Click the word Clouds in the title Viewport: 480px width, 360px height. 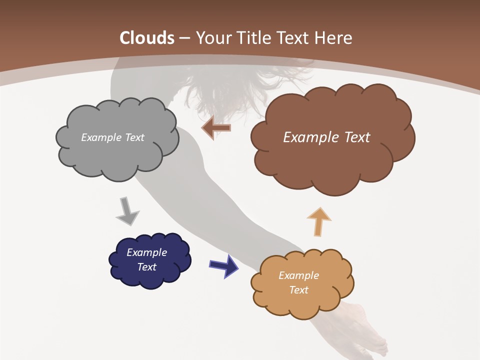[x=147, y=38]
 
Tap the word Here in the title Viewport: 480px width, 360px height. [x=333, y=38]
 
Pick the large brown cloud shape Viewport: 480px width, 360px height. [x=332, y=160]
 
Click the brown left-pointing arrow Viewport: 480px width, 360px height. [x=216, y=128]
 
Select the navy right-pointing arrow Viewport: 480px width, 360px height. [x=224, y=265]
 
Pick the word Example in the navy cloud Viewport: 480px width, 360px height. [x=146, y=252]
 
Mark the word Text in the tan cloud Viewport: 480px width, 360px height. [x=298, y=290]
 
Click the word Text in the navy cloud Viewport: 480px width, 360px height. [x=146, y=267]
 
